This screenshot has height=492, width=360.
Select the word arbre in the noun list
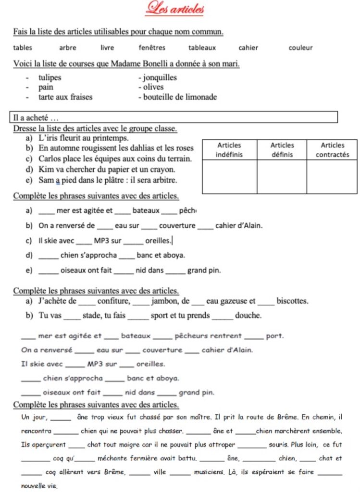pyautogui.click(x=67, y=48)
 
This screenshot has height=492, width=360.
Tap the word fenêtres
pyautogui.click(x=152, y=48)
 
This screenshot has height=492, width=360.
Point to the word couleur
pyautogui.click(x=300, y=48)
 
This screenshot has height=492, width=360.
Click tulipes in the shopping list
pyautogui.click(x=50, y=77)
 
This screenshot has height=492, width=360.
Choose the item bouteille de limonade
pyautogui.click(x=177, y=97)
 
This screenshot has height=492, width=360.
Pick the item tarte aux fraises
pyautogui.click(x=65, y=97)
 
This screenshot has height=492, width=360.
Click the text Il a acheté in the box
pyautogui.click(x=36, y=117)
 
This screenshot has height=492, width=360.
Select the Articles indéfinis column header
pyautogui.click(x=229, y=149)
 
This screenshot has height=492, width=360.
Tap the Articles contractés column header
pyautogui.click(x=332, y=149)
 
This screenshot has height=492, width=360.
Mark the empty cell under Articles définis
pyautogui.click(x=282, y=177)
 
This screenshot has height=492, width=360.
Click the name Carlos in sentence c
pyautogui.click(x=50, y=158)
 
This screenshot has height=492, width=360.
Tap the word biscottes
pyautogui.click(x=292, y=301)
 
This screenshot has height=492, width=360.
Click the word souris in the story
pyautogui.click(x=279, y=445)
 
